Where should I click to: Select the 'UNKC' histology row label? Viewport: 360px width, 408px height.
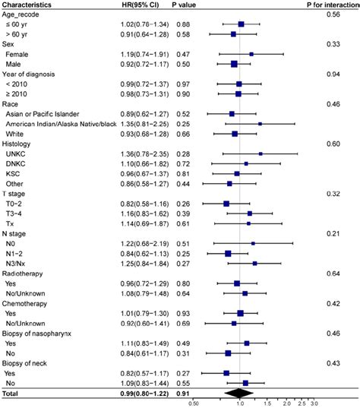click(16, 153)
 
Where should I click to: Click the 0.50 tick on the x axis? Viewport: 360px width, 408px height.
click(194, 404)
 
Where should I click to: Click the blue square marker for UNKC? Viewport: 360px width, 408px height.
click(260, 153)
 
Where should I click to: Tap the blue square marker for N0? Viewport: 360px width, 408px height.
click(253, 242)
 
